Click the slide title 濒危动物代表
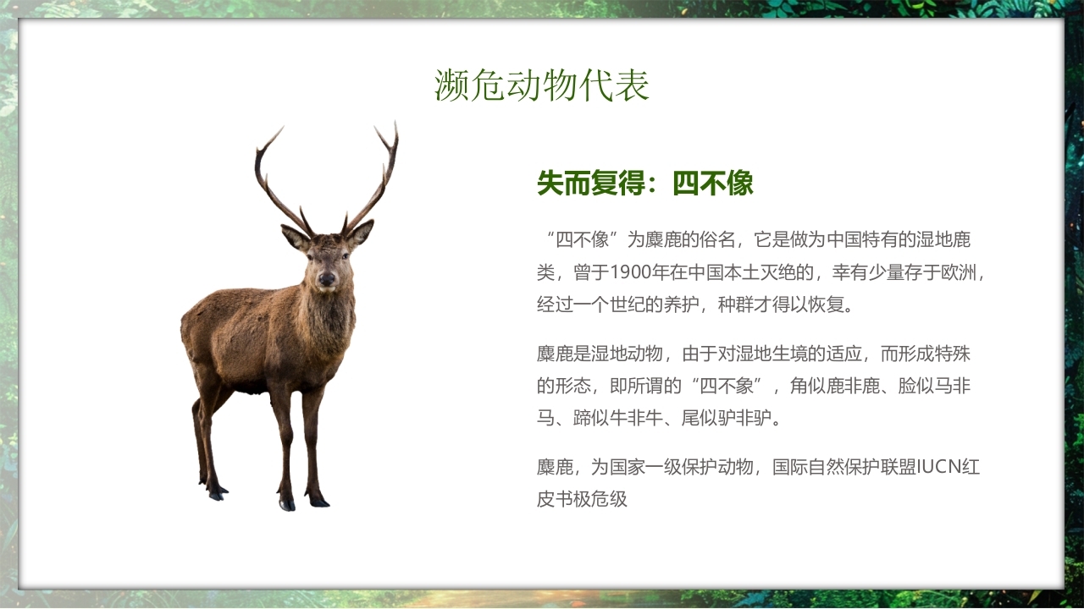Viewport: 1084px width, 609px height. tap(542, 85)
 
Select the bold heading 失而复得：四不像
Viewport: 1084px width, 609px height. tap(644, 184)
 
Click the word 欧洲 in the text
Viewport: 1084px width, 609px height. tap(960, 272)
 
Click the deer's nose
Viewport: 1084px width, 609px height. tap(326, 278)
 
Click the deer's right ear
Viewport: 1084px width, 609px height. tap(361, 232)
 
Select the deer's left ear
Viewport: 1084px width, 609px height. tap(293, 237)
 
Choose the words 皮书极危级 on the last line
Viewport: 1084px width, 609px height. tap(582, 499)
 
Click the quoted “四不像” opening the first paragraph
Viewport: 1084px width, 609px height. tap(582, 240)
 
